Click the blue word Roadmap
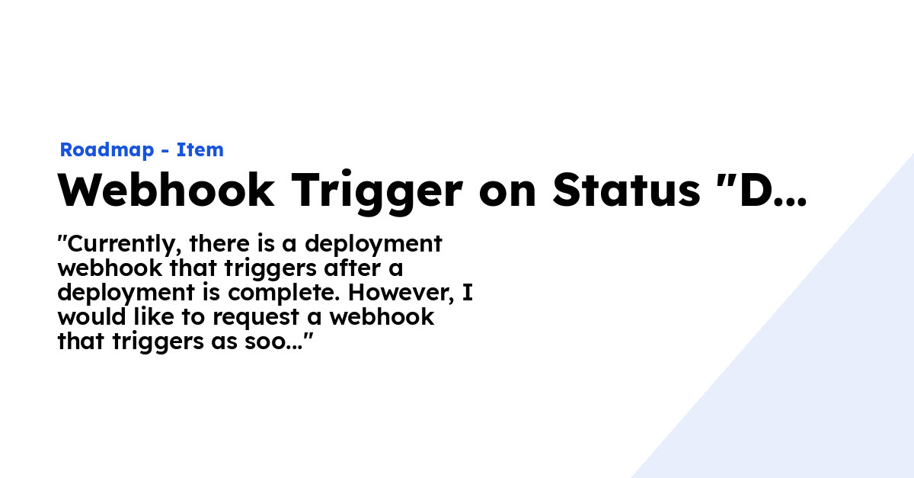click(x=106, y=150)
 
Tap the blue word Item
click(x=200, y=150)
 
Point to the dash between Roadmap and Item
click(x=165, y=151)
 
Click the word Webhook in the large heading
click(x=166, y=190)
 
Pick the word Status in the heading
click(x=626, y=190)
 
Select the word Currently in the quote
click(x=122, y=244)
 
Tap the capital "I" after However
click(x=467, y=293)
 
